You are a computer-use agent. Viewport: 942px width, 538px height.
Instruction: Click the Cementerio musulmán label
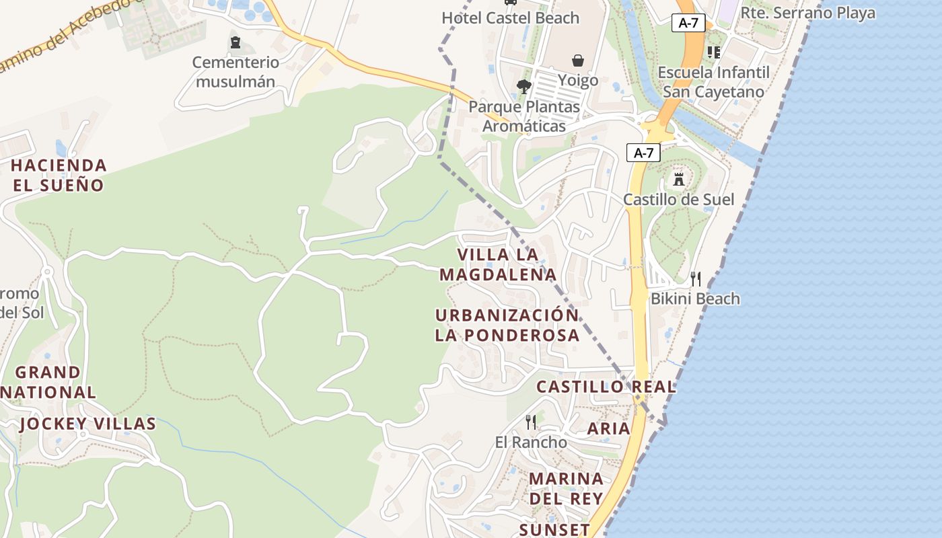click(235, 72)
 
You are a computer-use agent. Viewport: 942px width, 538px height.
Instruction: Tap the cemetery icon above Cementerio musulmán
click(235, 43)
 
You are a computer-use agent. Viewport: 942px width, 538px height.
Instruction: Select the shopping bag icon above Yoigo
click(578, 61)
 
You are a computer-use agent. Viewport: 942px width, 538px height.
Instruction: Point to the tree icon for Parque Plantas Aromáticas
click(523, 86)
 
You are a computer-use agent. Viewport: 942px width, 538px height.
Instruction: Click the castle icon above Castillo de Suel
click(678, 180)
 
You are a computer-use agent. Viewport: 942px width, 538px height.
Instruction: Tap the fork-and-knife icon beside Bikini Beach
click(696, 278)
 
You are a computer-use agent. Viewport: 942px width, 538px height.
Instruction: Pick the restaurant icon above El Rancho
click(531, 422)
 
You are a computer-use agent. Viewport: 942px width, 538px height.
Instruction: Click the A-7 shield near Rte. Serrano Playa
click(688, 22)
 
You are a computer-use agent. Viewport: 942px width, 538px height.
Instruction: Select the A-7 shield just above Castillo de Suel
click(643, 153)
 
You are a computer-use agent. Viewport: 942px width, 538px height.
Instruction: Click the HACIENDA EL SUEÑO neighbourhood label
click(59, 175)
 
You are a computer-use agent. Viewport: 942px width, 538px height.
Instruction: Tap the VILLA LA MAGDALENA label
click(498, 264)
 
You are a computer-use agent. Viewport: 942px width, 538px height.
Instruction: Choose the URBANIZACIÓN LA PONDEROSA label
click(507, 325)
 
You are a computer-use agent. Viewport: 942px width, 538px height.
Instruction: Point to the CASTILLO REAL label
click(606, 387)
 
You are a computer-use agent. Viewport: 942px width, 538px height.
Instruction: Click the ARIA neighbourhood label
click(608, 428)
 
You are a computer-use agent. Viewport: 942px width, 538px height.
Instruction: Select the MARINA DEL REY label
click(566, 488)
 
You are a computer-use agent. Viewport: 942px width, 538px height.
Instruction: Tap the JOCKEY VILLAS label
click(87, 424)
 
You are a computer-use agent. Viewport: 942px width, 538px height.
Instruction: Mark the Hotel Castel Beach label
click(510, 17)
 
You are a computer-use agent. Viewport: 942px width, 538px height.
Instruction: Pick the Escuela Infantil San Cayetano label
click(713, 82)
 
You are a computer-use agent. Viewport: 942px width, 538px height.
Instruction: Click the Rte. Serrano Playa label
click(807, 13)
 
